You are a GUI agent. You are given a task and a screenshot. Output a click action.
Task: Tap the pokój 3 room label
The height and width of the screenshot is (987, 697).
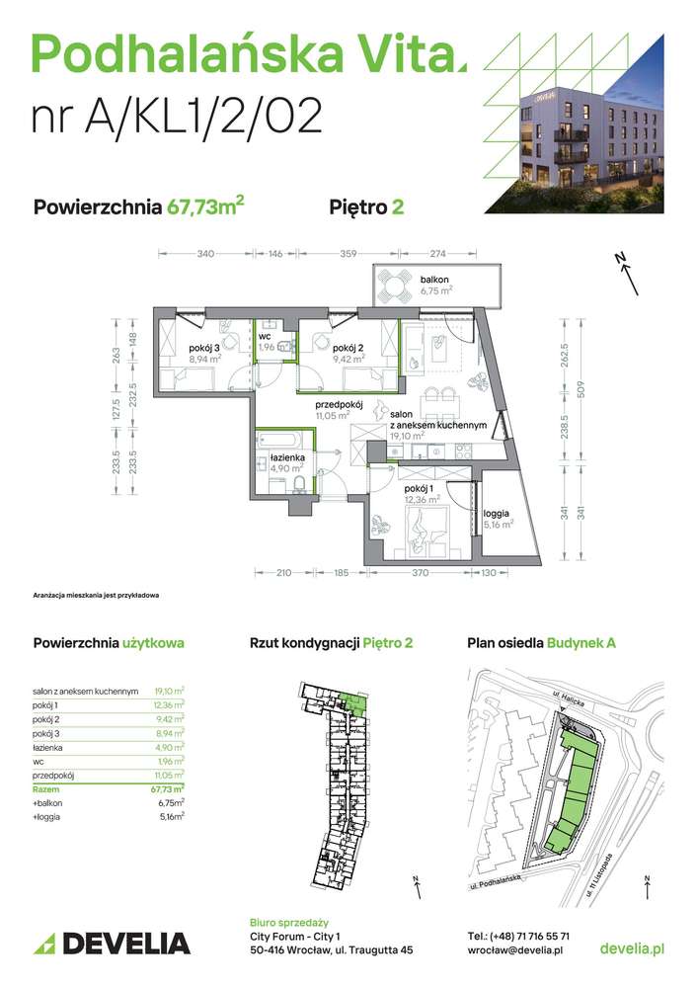(x=205, y=347)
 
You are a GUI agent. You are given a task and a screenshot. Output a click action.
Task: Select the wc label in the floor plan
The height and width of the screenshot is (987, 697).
(x=265, y=337)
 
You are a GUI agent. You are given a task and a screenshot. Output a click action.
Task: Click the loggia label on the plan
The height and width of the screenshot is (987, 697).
(x=498, y=514)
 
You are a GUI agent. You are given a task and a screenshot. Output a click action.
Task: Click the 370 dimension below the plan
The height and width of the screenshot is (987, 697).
(x=419, y=572)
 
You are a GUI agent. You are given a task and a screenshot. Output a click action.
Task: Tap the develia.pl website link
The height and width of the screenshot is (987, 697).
(x=632, y=948)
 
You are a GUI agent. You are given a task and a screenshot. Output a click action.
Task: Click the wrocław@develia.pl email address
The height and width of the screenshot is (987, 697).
(x=515, y=949)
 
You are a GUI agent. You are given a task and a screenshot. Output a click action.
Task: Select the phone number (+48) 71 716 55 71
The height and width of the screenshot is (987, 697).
(x=518, y=935)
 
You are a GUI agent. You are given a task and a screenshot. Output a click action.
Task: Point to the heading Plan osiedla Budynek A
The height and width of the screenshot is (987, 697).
(x=541, y=642)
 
